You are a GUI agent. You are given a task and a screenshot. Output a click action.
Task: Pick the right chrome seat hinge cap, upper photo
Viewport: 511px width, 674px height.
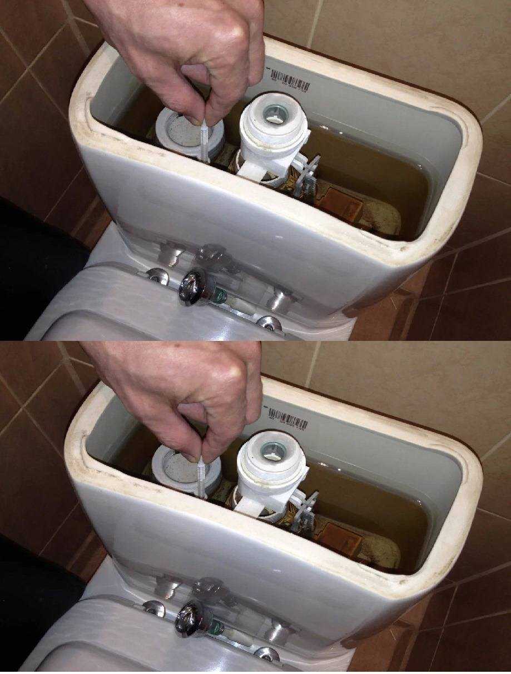[x=269, y=324]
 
